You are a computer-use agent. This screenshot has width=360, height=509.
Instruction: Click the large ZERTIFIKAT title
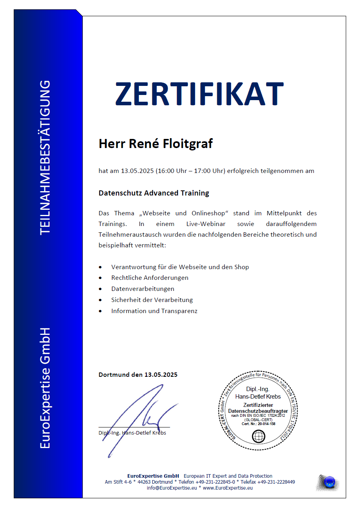pos(199,93)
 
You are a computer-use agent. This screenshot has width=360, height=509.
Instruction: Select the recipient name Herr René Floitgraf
pos(155,143)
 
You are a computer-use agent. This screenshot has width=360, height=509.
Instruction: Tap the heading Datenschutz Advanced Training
pos(153,193)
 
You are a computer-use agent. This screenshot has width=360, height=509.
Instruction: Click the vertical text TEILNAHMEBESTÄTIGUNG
pos(45,157)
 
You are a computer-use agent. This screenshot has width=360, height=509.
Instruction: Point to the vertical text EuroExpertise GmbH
pos(45,388)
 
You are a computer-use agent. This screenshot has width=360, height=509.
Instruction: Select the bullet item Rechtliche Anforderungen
pos(150,278)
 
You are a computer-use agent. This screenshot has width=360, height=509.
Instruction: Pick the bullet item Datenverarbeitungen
pos(142,289)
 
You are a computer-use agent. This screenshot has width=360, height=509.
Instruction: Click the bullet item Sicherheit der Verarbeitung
pos(152,300)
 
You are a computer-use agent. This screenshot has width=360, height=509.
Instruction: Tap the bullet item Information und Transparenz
pos(154,311)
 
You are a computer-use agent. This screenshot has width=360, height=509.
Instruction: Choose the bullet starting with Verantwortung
pos(180,267)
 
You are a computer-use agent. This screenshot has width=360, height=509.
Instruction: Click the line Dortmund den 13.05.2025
pos(138,374)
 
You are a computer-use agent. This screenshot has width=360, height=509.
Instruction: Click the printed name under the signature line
pos(132,433)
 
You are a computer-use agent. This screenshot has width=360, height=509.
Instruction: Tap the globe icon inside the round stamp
pos(258,437)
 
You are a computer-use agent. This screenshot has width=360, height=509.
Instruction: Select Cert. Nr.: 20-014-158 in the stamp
pos(258,424)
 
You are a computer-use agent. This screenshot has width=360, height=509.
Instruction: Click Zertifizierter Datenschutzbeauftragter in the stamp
pos(258,408)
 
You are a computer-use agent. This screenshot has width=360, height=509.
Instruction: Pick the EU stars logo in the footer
pos(329,482)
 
